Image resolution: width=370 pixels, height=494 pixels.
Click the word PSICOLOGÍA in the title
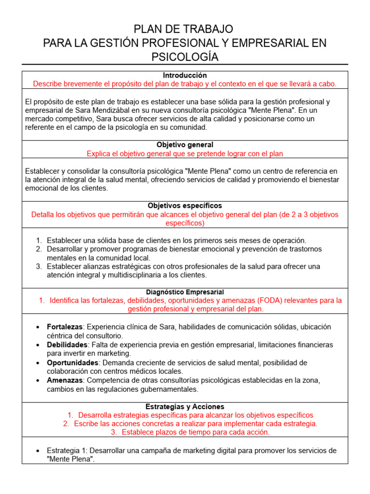[x=185, y=57]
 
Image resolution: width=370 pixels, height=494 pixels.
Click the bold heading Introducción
[x=185, y=75]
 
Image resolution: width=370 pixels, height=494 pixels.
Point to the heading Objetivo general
[x=185, y=145]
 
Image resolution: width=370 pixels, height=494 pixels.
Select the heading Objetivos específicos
[x=185, y=206]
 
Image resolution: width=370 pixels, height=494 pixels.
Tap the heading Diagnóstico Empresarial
[x=185, y=292]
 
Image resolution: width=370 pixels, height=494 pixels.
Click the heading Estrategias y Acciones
[x=185, y=407]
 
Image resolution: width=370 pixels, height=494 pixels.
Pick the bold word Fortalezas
[x=65, y=327]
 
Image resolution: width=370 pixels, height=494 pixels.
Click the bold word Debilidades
[x=67, y=345]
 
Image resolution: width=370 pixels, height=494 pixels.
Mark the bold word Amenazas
[x=64, y=380]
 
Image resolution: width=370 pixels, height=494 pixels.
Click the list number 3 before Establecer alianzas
[x=39, y=267]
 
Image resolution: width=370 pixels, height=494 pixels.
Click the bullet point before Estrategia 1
[x=38, y=451]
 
